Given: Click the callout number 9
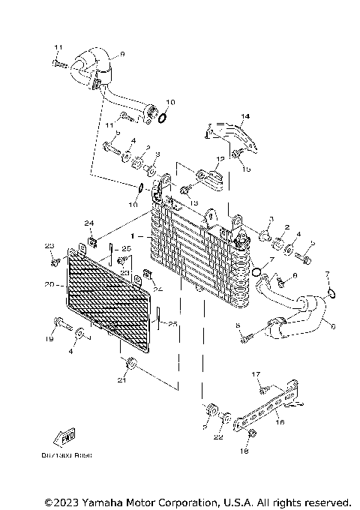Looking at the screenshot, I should [122, 53].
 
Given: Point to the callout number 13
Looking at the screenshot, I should [193, 203].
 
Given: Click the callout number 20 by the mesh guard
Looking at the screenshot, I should [49, 284].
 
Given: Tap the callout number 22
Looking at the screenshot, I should [218, 436].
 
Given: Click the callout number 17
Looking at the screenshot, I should [256, 373].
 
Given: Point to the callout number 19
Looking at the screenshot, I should [49, 340].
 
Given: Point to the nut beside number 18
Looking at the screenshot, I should [252, 435].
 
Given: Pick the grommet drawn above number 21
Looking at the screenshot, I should [131, 364].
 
